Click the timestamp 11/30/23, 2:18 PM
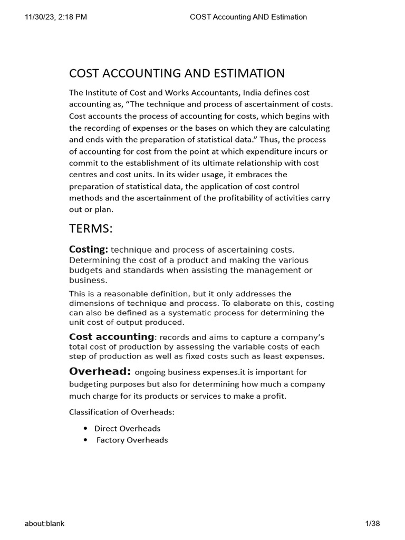(56, 17)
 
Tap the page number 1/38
(372, 523)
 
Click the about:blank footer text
(44, 523)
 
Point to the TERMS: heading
(91, 228)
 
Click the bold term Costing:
(89, 249)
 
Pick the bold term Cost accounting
(111, 336)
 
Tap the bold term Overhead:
(100, 371)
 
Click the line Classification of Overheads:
(121, 412)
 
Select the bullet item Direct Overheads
(127, 428)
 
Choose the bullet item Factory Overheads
(132, 440)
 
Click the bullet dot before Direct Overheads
(85, 428)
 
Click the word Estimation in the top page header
(288, 17)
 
